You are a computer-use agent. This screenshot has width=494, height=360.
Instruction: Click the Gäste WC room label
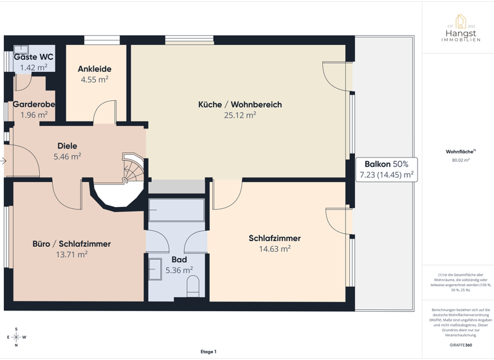pos(33,57)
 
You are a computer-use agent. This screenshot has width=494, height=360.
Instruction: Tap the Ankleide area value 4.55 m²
pos(95,80)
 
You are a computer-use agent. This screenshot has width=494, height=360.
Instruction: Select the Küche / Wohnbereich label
pos(240,104)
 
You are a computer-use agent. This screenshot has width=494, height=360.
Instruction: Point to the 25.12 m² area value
pos(240,116)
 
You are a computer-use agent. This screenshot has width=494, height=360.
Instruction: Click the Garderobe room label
pos(33,104)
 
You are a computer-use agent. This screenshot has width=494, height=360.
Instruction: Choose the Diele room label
pos(67,146)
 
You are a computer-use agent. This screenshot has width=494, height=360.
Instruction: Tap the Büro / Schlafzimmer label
pos(71,244)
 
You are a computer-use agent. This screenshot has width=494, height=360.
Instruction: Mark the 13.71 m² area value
pos(71,255)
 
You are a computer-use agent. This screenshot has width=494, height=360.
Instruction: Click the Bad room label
pos(179,260)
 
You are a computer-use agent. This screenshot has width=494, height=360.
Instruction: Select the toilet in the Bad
pos(193,287)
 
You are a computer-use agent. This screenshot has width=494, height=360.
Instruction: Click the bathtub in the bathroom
pos(176,211)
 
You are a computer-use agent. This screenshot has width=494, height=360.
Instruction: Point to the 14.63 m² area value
pos(275,249)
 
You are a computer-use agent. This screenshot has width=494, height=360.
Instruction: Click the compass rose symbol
pos(16,337)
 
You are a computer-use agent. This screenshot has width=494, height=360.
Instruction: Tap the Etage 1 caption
pos(208,352)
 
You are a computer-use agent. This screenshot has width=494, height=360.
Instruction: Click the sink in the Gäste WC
pos(21,48)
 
